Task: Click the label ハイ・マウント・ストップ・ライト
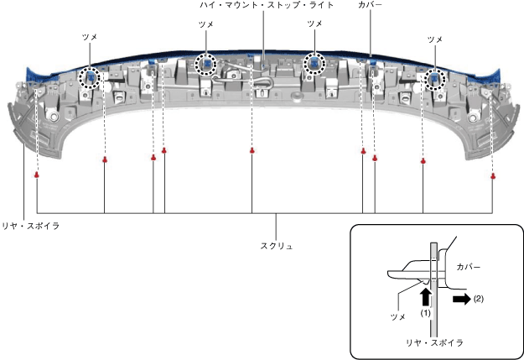click(x=267, y=5)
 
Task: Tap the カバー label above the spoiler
click(x=370, y=5)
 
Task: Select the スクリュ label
click(x=277, y=246)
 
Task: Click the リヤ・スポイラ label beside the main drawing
click(x=31, y=227)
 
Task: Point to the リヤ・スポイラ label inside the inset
click(x=434, y=342)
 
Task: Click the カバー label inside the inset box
click(x=468, y=267)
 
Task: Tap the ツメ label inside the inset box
click(x=397, y=316)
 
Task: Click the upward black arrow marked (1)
click(x=425, y=297)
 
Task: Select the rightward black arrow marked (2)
click(x=462, y=299)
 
